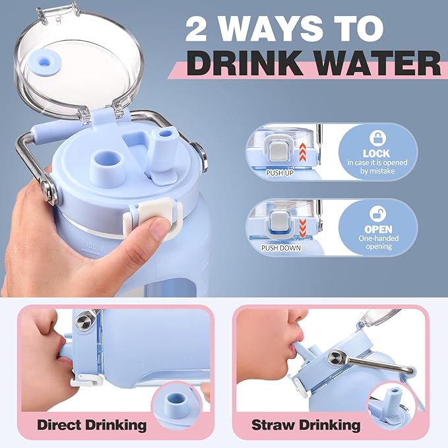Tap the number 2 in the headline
tap(196, 29)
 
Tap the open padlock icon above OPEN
tap(377, 214)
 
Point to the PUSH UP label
tap(280, 173)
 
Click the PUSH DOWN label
tap(281, 247)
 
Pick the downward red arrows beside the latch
tap(303, 228)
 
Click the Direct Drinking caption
tap(92, 425)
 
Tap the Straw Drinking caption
tap(305, 425)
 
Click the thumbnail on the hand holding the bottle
tap(157, 230)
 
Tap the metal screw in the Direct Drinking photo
tap(84, 321)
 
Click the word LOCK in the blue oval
tap(376, 154)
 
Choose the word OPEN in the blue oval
tap(377, 229)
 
